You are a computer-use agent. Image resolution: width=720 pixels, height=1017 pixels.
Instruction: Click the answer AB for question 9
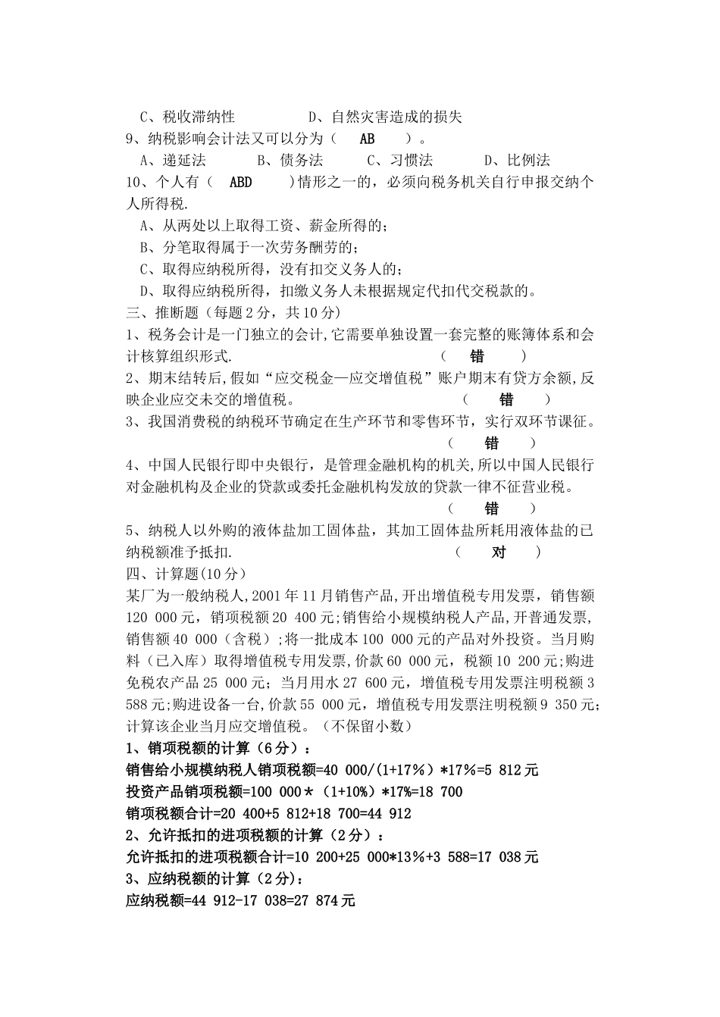click(367, 139)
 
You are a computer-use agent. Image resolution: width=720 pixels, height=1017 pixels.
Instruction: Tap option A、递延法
click(173, 160)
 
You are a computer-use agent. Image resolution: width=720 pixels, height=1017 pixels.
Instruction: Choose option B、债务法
click(290, 160)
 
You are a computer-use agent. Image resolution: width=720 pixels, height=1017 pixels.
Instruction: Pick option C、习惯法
click(399, 160)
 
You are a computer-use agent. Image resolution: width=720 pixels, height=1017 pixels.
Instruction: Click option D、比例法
click(517, 160)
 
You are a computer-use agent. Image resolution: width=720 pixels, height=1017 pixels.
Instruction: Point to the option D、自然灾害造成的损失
click(384, 117)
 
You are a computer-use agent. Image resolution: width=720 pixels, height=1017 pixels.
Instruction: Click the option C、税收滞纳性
click(187, 117)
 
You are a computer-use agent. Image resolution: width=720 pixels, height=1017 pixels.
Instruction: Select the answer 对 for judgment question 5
click(499, 552)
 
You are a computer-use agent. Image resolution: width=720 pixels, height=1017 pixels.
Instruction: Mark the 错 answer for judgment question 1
click(477, 356)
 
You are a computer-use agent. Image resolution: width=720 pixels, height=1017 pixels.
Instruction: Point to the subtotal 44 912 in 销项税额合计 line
click(385, 814)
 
